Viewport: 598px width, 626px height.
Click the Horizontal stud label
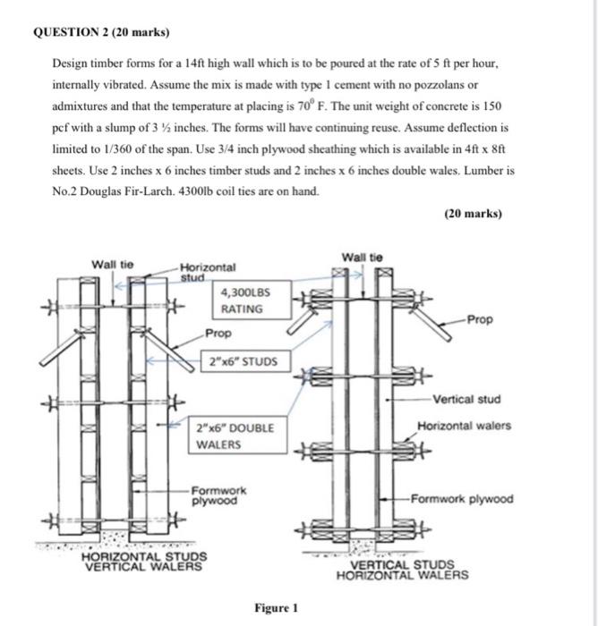[x=208, y=272]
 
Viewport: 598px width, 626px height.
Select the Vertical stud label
[x=466, y=399]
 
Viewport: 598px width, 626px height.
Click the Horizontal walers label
[x=464, y=426]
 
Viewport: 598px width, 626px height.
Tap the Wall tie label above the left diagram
[x=114, y=264]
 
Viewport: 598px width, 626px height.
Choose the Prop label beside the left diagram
[x=218, y=333]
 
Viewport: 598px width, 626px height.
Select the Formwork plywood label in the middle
[x=218, y=495]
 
